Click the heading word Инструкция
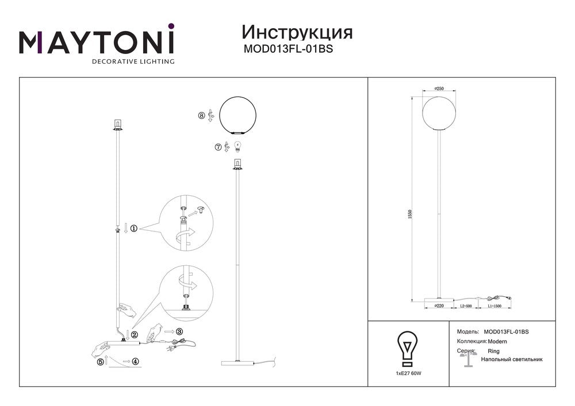coord(297,32)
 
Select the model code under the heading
coord(288,49)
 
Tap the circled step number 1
coord(134,229)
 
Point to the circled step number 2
coord(135,334)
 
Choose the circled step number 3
coord(179,332)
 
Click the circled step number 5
coord(101,362)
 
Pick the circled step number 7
coord(218,147)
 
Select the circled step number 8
coord(201,115)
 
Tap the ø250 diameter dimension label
coord(439,88)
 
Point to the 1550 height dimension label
coord(411,214)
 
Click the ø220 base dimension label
coord(439,306)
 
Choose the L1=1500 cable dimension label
coord(494,306)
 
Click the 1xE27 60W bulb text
coord(408,373)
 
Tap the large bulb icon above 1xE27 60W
coord(408,349)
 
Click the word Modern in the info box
coord(497,342)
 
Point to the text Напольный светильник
coord(512,359)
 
